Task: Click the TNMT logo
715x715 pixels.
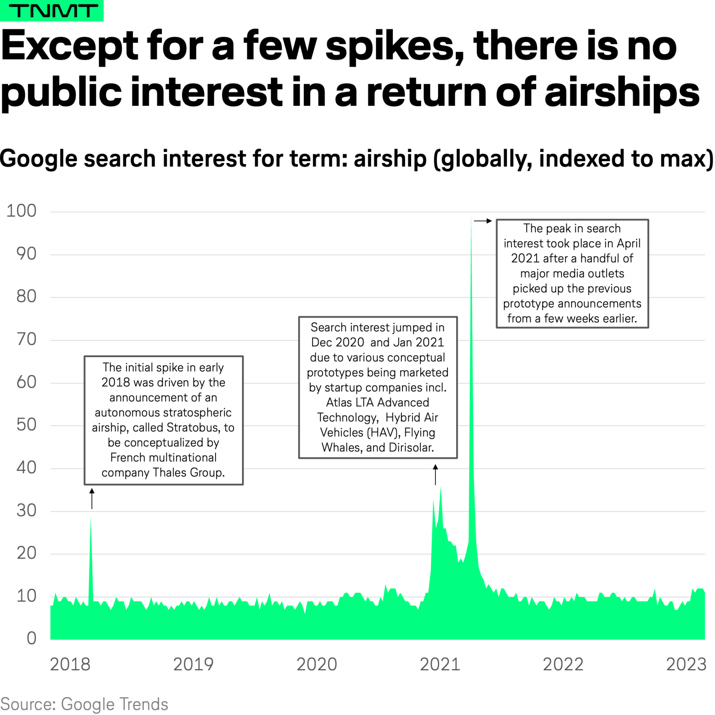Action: [x=52, y=10]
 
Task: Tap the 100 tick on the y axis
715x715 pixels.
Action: [x=22, y=211]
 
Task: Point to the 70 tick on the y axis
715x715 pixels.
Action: [x=26, y=339]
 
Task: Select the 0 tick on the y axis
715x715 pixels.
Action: [x=32, y=638]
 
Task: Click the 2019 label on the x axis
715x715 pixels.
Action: [x=193, y=664]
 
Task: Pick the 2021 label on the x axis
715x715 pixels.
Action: [x=440, y=664]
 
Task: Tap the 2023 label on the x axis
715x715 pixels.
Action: [x=686, y=664]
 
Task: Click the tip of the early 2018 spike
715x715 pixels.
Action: [x=91, y=518]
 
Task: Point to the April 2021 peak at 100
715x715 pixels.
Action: [x=471, y=216]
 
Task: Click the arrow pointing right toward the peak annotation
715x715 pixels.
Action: [x=483, y=221]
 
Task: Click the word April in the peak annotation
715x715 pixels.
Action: [x=629, y=243]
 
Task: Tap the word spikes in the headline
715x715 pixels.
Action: [x=395, y=46]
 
